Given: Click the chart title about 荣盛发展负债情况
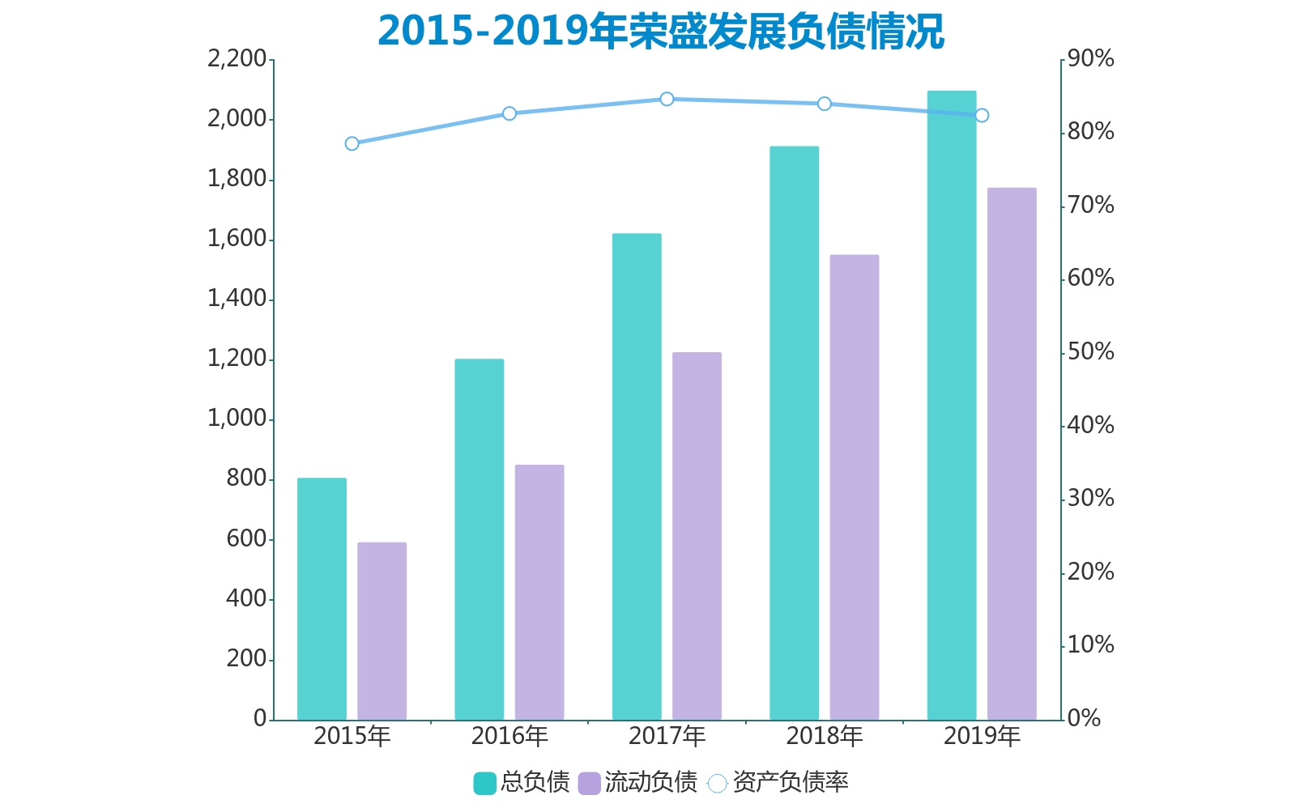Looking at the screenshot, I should pyautogui.click(x=660, y=31).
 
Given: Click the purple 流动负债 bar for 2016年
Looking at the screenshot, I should pyautogui.click(x=539, y=591).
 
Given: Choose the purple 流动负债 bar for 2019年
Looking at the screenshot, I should pyautogui.click(x=1012, y=453).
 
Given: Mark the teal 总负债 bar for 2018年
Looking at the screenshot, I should pyautogui.click(x=794, y=432).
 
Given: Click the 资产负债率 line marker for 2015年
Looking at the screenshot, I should pyautogui.click(x=352, y=143).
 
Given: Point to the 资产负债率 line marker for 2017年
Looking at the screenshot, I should pyautogui.click(x=667, y=99).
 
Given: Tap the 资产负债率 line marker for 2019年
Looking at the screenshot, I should pyautogui.click(x=982, y=115).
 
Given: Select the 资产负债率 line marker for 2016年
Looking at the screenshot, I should pyautogui.click(x=509, y=113).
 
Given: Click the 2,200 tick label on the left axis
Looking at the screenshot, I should pyautogui.click(x=237, y=59).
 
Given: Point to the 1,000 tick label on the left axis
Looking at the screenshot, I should pyautogui.click(x=237, y=419).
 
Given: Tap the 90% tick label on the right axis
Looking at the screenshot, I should pyautogui.click(x=1090, y=59).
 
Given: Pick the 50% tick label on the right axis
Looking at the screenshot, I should pyautogui.click(x=1090, y=352).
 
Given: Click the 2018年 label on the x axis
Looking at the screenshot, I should pyautogui.click(x=824, y=736).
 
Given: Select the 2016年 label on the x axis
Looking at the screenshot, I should pyautogui.click(x=509, y=736).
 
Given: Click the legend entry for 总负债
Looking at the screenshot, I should pyautogui.click(x=522, y=782).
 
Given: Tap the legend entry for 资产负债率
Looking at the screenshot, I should pyautogui.click(x=778, y=782).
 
